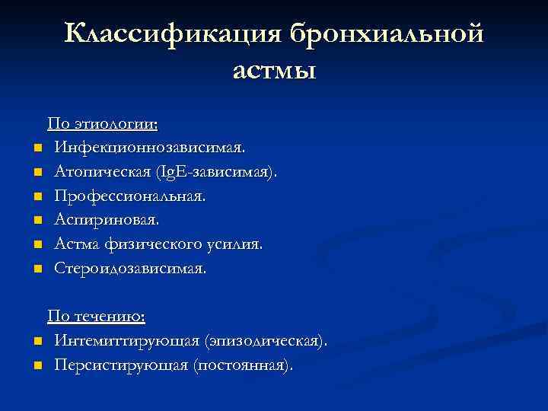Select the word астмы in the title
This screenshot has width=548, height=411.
pyautogui.click(x=274, y=71)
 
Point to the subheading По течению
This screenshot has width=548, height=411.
pyautogui.click(x=97, y=316)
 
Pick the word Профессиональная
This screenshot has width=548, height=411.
pyautogui.click(x=129, y=196)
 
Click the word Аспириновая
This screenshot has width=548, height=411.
pyautogui.click(x=107, y=220)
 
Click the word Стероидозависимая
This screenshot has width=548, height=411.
pyautogui.click(x=129, y=269)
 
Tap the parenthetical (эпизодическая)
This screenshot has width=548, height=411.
pyautogui.click(x=265, y=340)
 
